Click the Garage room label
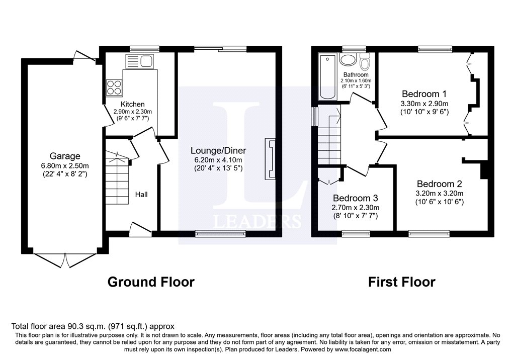[65, 156]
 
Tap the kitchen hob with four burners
[114, 87]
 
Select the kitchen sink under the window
[139, 61]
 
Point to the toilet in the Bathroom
[365, 61]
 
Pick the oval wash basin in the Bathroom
[347, 60]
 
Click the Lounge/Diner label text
[218, 150]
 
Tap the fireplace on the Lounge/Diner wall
[270, 159]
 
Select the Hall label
[141, 195]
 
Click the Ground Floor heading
[151, 282]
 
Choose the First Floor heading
[402, 282]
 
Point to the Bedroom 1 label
[424, 94]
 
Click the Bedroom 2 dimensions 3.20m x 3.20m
[440, 193]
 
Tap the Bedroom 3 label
[356, 198]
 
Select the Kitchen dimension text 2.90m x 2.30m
[133, 112]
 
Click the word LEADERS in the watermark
[257, 221]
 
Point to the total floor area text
[93, 326]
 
